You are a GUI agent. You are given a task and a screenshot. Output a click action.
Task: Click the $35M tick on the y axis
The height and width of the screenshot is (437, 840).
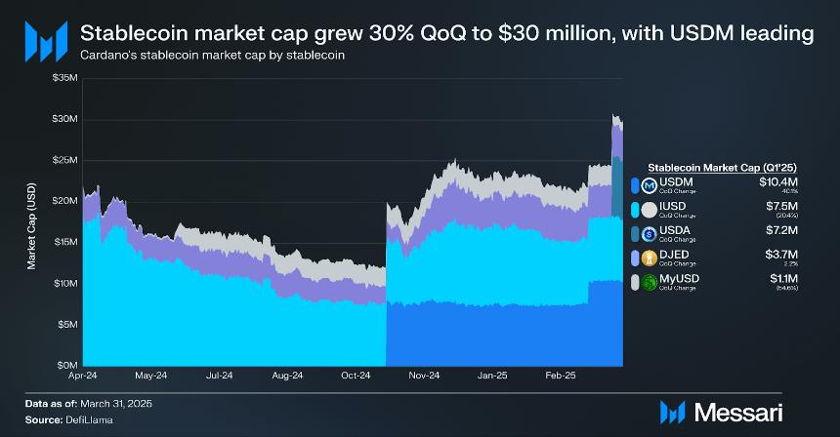tap(65, 77)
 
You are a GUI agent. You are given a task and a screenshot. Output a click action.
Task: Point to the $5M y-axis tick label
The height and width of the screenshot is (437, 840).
tap(67, 324)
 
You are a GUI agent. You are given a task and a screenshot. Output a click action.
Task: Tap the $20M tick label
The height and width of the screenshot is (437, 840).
tap(65, 200)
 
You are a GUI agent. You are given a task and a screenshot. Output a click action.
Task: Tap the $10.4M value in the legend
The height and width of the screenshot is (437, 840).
tap(777, 181)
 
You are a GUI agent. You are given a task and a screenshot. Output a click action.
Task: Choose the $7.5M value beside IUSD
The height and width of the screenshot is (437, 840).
tap(780, 206)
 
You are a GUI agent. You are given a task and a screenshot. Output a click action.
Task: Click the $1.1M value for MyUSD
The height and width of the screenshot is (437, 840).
tap(782, 278)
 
